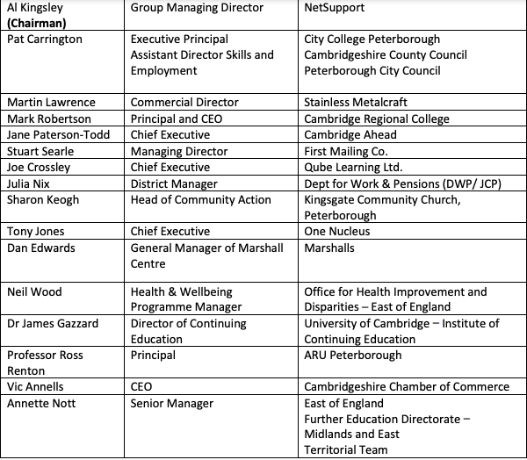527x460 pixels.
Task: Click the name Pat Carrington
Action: click(x=45, y=40)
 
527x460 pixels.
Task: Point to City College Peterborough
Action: click(x=372, y=40)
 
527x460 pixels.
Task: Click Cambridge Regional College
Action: click(x=376, y=119)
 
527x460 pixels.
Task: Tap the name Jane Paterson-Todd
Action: click(x=56, y=135)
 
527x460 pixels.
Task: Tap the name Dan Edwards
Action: click(x=40, y=248)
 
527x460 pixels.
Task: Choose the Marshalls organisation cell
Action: click(x=329, y=248)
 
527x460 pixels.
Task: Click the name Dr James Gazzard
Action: click(x=53, y=324)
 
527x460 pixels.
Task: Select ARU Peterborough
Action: click(x=352, y=356)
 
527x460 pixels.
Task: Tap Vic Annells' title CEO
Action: click(x=142, y=387)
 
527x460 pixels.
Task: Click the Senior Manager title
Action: click(x=171, y=404)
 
